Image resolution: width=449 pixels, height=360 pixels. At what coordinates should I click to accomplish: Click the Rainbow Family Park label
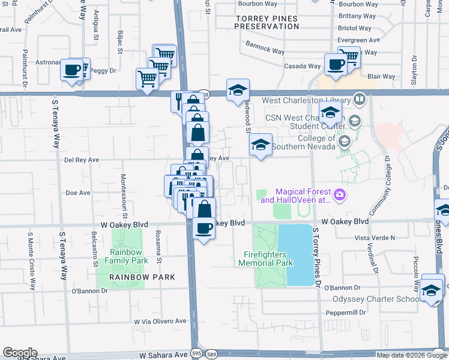[126, 257]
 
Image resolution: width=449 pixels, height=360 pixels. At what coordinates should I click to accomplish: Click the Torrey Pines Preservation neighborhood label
[267, 23]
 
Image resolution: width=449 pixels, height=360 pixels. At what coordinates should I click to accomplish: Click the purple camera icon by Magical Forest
[340, 194]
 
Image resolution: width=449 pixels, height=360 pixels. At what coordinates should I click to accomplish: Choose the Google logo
[20, 353]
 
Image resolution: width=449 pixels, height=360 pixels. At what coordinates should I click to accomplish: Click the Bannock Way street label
[265, 47]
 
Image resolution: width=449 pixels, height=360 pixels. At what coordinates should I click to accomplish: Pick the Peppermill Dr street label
[345, 313]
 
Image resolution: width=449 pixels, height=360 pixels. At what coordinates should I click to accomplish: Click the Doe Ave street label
[77, 193]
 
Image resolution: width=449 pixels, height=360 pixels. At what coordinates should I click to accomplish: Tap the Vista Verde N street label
[376, 238]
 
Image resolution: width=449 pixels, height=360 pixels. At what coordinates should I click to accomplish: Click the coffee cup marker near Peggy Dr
[72, 70]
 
